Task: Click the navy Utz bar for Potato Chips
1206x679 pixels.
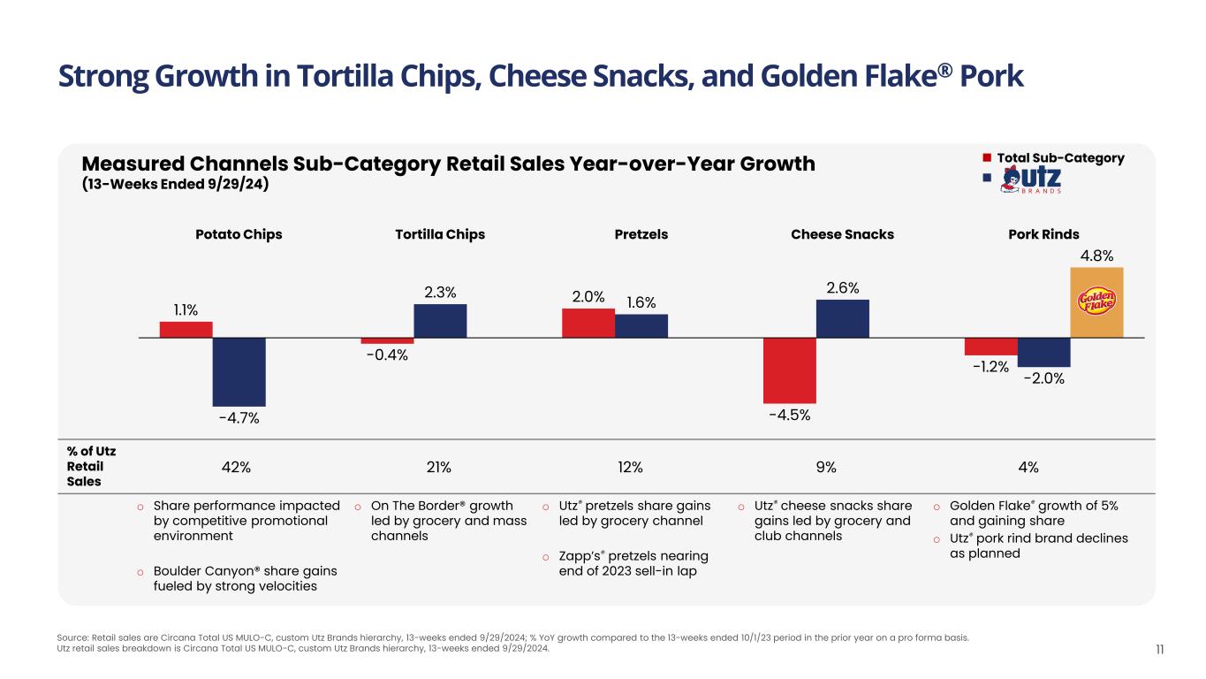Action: pos(239,371)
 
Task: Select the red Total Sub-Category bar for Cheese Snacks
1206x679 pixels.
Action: pos(789,370)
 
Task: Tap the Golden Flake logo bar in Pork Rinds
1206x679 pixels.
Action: pos(1096,301)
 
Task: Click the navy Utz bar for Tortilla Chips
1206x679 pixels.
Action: pos(440,321)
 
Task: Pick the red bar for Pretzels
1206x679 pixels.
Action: pos(588,323)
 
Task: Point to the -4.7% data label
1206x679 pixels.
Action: pos(239,418)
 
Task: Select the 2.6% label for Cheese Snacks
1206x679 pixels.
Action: pos(843,287)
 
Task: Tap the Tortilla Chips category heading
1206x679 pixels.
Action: pos(440,234)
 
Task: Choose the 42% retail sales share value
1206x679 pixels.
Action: pos(239,467)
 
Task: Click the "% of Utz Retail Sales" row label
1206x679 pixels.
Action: pos(91,466)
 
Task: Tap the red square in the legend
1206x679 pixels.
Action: pos(987,158)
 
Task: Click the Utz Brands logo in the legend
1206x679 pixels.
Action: pos(1029,179)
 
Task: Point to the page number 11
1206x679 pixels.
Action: pos(1159,650)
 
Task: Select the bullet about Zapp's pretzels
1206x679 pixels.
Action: pos(634,562)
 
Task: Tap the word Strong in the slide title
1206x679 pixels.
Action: pos(102,76)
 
